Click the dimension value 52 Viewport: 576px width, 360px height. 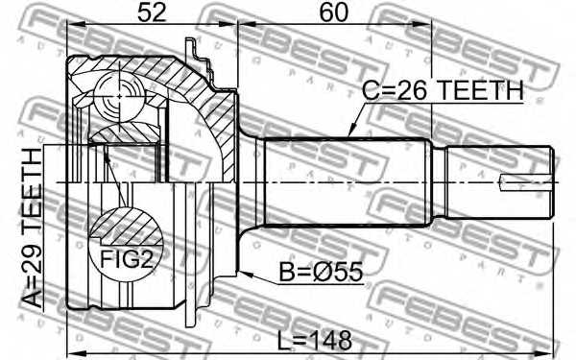[152, 12]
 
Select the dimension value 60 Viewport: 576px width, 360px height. [333, 12]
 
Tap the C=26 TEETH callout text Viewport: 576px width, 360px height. [443, 90]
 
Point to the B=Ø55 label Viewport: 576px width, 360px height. [321, 272]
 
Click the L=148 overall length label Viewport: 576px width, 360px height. [315, 340]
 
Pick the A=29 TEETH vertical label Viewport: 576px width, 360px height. [33, 228]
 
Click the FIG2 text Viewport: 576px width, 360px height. [126, 260]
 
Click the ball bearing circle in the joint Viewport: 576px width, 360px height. [118, 97]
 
